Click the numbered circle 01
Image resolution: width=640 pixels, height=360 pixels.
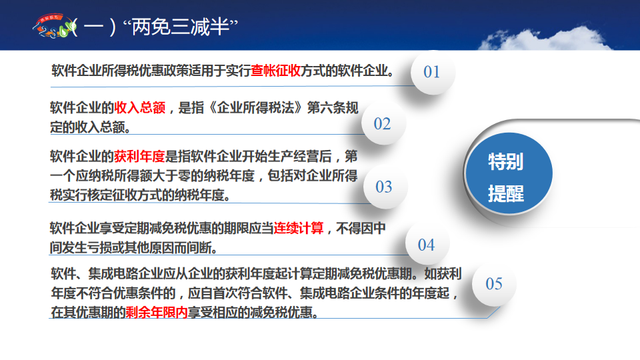(432, 72)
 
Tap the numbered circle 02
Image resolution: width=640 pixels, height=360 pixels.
(383, 124)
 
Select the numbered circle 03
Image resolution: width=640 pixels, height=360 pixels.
(384, 187)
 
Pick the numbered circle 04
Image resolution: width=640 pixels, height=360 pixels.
(427, 245)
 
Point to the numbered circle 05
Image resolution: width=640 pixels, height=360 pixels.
(494, 284)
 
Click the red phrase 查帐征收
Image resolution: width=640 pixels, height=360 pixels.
(275, 71)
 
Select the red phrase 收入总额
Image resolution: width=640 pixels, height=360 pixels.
(139, 108)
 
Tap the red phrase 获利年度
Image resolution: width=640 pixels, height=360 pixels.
(139, 156)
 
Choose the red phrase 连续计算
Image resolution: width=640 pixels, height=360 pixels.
(299, 228)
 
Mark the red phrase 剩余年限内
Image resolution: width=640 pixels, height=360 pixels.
(156, 313)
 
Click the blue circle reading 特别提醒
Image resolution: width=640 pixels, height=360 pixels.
(509, 174)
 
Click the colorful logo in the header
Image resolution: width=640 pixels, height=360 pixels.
(55, 26)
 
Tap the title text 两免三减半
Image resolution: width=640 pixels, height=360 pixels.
(181, 27)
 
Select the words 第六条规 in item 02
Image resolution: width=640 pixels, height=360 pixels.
(333, 108)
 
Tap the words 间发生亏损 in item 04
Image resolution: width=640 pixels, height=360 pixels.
(81, 247)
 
